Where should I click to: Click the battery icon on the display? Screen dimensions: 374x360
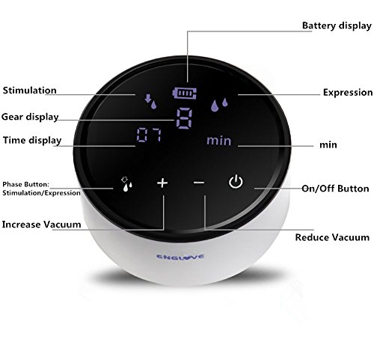click(184, 93)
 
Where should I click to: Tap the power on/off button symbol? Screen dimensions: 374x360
click(236, 182)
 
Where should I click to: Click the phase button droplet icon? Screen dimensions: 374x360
click(126, 184)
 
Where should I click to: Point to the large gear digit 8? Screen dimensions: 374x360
click(185, 118)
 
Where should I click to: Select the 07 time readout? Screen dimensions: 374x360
click(149, 135)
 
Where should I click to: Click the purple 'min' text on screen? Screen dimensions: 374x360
click(219, 141)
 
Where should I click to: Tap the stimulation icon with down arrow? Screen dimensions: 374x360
click(150, 101)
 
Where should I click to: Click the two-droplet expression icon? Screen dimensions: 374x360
click(219, 104)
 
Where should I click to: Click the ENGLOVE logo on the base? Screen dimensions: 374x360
click(180, 257)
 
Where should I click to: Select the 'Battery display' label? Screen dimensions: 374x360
click(337, 25)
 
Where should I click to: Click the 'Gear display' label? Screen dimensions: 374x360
click(30, 117)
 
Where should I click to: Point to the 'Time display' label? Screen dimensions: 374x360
click(32, 140)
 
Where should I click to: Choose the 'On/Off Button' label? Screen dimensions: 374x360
click(335, 189)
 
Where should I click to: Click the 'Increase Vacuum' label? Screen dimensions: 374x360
click(41, 225)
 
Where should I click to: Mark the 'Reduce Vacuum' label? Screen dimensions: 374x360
click(332, 237)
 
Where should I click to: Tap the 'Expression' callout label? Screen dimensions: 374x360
click(348, 93)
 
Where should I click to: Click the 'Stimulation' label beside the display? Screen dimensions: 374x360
click(30, 91)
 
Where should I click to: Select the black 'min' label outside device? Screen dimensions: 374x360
click(328, 144)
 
